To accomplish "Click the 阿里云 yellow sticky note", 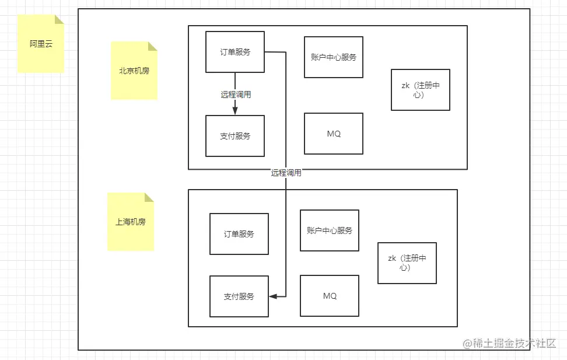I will coord(41,44).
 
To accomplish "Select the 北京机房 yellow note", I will coord(134,71).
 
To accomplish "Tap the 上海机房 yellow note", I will coord(131,222).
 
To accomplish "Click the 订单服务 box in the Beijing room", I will coord(235,52).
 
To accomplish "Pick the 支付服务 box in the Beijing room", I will coord(235,136).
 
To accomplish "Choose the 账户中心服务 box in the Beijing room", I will coord(334,57).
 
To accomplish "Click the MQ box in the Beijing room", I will coord(334,134).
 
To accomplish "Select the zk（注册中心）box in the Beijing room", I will coord(421,90).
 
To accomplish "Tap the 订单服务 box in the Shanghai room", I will coord(239,234).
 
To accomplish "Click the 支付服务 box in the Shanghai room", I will coord(239,296).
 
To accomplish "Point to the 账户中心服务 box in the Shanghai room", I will coord(330,230).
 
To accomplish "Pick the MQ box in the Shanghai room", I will coord(330,296).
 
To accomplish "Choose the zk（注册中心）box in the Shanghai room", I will coord(407,263).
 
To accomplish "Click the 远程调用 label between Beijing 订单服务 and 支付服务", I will coord(236,94).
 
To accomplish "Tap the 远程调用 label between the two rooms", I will coord(286,173).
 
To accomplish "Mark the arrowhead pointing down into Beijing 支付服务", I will coord(235,111).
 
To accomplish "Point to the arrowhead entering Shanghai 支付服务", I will coord(273,296).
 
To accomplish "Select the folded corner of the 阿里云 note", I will coord(60,19).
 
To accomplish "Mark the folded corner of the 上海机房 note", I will coord(149,197).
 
